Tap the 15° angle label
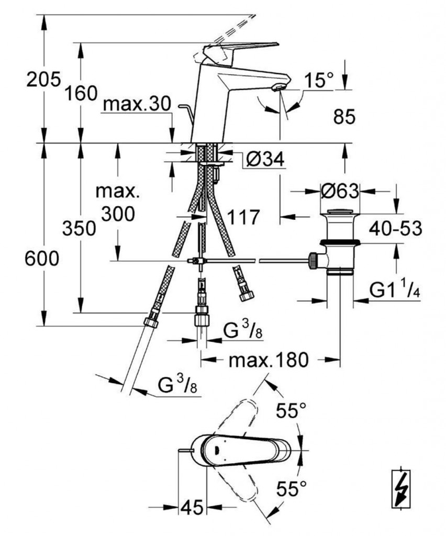click(320, 80)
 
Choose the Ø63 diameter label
click(340, 192)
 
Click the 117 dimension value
click(242, 217)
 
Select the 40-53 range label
click(396, 229)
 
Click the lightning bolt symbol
click(402, 488)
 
